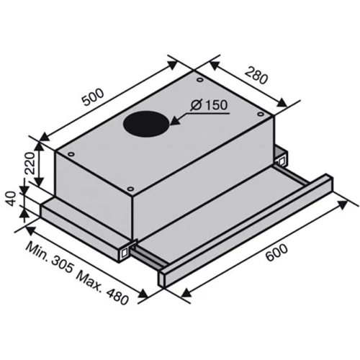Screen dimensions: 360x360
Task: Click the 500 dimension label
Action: point(93,97)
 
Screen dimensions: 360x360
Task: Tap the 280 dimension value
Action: point(256,75)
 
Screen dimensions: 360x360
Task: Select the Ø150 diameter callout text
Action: point(209,105)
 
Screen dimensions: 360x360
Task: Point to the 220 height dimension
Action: point(30,163)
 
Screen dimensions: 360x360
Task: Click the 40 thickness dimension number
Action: point(11,199)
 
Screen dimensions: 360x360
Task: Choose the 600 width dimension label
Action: point(276,253)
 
